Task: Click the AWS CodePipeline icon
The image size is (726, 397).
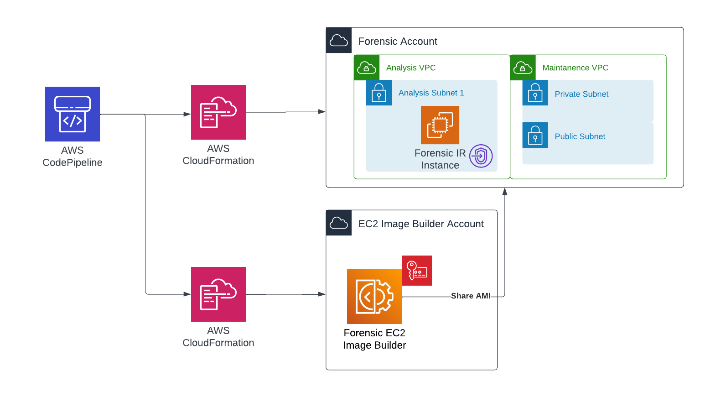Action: [x=72, y=114]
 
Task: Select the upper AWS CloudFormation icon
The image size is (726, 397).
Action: [x=218, y=112]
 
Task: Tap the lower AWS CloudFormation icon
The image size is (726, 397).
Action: [x=218, y=294]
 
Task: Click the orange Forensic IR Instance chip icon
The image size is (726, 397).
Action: [x=440, y=125]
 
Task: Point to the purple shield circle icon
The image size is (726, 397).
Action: [x=481, y=156]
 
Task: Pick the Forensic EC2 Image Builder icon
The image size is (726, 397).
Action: [x=374, y=297]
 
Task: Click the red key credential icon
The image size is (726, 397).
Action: [x=417, y=271]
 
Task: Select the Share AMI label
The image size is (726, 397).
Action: [x=471, y=296]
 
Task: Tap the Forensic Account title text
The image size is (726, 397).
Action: [x=398, y=41]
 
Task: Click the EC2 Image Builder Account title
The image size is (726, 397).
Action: [x=421, y=224]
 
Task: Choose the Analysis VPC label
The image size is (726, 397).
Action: [x=411, y=68]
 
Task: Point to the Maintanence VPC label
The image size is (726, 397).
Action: [x=576, y=68]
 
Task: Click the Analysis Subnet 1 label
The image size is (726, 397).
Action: [x=431, y=93]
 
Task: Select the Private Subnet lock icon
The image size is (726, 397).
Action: [x=535, y=93]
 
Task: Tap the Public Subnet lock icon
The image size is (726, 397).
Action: [x=535, y=135]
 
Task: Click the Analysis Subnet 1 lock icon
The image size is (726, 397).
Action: [x=379, y=93]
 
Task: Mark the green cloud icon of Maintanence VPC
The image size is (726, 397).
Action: [x=523, y=68]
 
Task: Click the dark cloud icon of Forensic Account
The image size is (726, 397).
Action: [x=339, y=40]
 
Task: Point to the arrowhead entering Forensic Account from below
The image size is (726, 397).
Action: [x=505, y=191]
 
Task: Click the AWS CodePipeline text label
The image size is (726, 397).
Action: [x=72, y=157]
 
